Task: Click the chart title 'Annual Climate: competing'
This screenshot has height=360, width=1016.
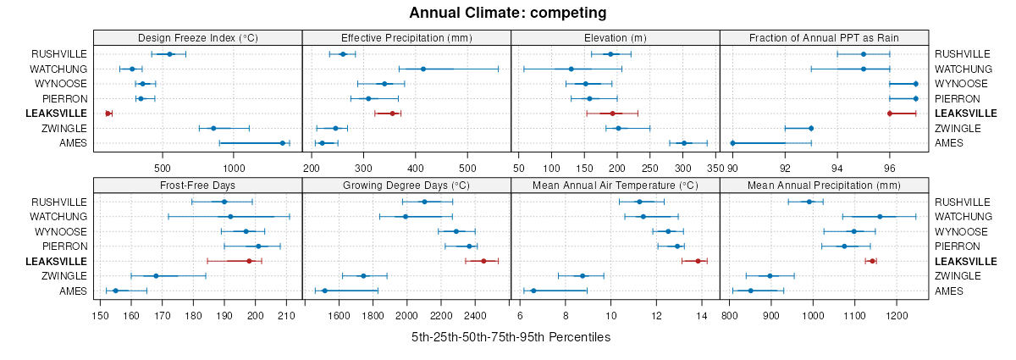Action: click(x=508, y=13)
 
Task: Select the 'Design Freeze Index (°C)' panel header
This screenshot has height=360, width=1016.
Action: click(x=197, y=37)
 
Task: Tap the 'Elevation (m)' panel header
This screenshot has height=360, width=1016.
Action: click(x=615, y=37)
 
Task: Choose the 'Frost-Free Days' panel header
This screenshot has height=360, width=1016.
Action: click(x=197, y=186)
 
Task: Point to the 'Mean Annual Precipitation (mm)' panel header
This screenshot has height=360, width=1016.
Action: click(x=824, y=186)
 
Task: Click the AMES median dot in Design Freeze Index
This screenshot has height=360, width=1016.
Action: click(x=283, y=143)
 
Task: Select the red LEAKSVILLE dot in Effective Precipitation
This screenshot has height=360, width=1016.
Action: click(x=392, y=114)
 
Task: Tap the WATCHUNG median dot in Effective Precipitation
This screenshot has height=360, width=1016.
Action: click(x=423, y=69)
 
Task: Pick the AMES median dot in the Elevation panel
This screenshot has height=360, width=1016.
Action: click(x=684, y=143)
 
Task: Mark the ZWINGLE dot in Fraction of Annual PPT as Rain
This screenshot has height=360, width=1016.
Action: click(x=811, y=129)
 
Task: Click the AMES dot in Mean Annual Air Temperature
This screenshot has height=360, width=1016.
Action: click(x=533, y=291)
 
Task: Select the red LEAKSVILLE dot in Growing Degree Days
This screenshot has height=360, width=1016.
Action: click(x=483, y=261)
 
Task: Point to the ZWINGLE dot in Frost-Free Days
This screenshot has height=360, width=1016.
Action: click(x=156, y=276)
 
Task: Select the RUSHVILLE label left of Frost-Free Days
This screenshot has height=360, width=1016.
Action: click(x=59, y=202)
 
